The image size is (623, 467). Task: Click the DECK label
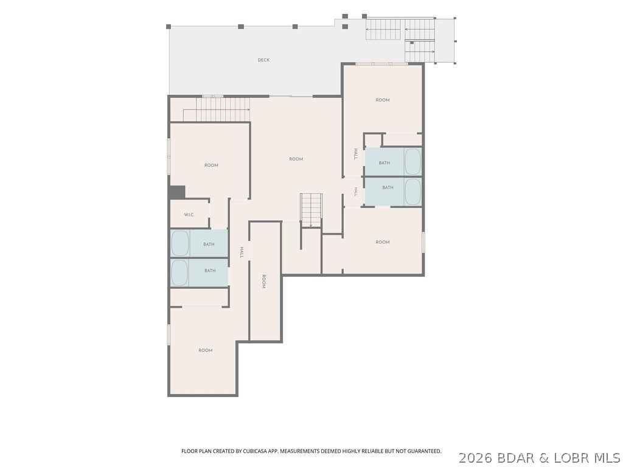pyautogui.click(x=263, y=60)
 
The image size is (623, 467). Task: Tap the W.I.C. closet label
pyautogui.click(x=189, y=215)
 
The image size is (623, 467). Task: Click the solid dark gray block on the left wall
pyautogui.click(x=177, y=192)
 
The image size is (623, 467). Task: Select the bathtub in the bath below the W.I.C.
pyautogui.click(x=180, y=243)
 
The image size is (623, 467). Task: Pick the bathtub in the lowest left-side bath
pyautogui.click(x=180, y=272)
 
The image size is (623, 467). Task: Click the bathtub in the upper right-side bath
pyautogui.click(x=413, y=162)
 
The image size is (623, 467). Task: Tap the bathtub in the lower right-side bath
pyautogui.click(x=413, y=192)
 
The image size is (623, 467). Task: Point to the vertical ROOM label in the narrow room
pyautogui.click(x=263, y=281)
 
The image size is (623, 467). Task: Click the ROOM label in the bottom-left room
pyautogui.click(x=206, y=350)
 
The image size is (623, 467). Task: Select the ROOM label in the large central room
pyautogui.click(x=296, y=159)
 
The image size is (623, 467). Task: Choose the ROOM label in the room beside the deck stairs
pyautogui.click(x=383, y=100)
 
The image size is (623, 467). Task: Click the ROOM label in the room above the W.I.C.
pyautogui.click(x=211, y=165)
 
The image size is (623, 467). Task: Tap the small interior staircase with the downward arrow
pyautogui.click(x=311, y=210)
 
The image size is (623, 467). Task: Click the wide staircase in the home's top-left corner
pyautogui.click(x=217, y=109)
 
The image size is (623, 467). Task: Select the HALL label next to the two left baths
pyautogui.click(x=241, y=252)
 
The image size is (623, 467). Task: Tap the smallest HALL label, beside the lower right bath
pyautogui.click(x=356, y=192)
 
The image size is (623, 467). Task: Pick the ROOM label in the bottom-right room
pyautogui.click(x=383, y=242)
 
